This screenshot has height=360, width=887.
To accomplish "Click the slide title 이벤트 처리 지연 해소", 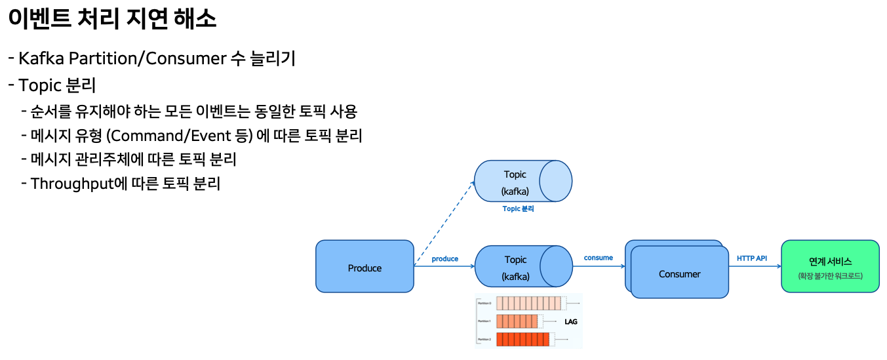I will [x=112, y=19].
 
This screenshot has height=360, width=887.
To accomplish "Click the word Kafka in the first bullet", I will [x=41, y=58].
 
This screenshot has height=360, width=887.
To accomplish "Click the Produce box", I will [x=365, y=267].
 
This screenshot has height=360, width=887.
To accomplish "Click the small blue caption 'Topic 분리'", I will [x=518, y=209].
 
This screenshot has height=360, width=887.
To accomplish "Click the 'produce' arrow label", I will [x=445, y=258].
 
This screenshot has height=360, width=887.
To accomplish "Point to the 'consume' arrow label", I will [x=599, y=258].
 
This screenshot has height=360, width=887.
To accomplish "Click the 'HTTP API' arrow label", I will [x=752, y=258].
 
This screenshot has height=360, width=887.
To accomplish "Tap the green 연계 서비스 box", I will [x=830, y=267].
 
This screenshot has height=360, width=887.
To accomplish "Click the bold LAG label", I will [x=570, y=322].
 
